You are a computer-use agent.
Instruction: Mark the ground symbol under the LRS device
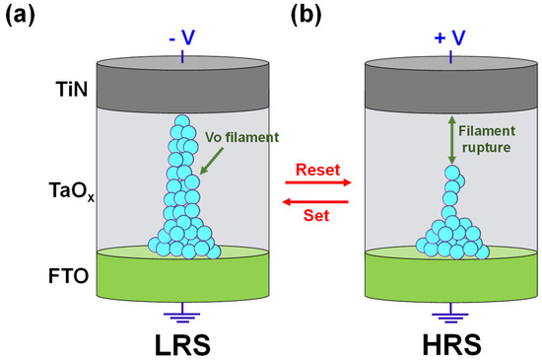coord(181,313)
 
